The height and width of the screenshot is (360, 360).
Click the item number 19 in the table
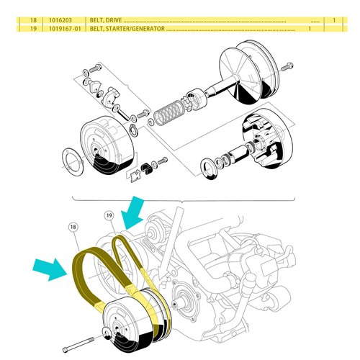pos(23,30)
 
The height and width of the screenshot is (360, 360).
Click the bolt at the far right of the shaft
pos(287,67)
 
